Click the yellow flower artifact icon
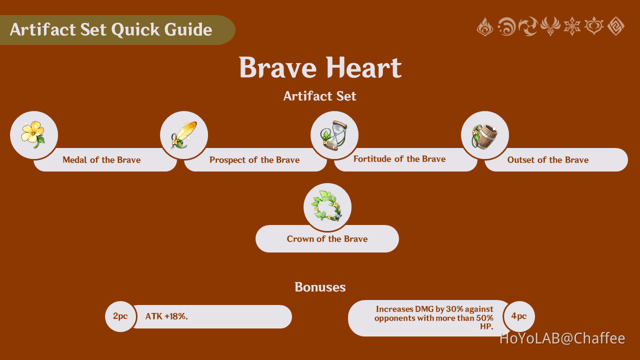[x=33, y=135]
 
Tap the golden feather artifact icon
[x=184, y=135]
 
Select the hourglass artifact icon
[x=334, y=135]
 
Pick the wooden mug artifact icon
[x=484, y=135]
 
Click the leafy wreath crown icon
[x=327, y=207]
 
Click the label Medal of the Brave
[x=101, y=160]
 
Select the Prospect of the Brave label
[x=254, y=160]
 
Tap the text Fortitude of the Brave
[x=399, y=159]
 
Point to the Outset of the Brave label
[x=548, y=160]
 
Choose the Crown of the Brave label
[x=327, y=239]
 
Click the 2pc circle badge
[x=120, y=316]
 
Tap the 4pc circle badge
[x=519, y=316]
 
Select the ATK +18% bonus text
[x=166, y=316]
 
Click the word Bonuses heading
[x=320, y=287]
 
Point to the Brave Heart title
[x=320, y=68]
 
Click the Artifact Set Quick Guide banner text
[x=111, y=30]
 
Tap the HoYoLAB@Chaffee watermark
[x=562, y=338]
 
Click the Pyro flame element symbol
[x=485, y=26]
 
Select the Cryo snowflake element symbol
[x=572, y=26]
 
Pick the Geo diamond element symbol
[x=615, y=26]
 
